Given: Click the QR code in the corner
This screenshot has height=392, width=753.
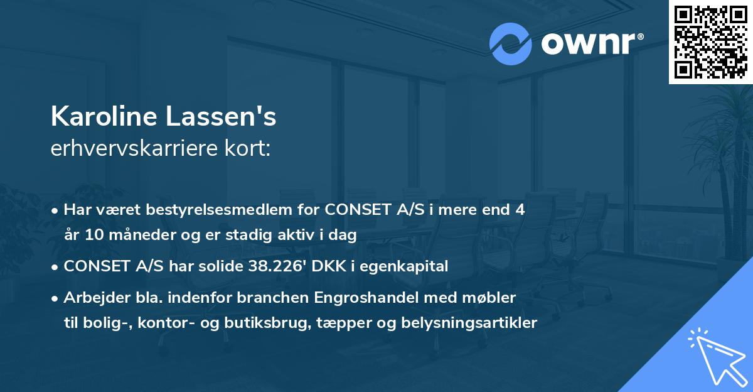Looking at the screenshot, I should pos(711,41).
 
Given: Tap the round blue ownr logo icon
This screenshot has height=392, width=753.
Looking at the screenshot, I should pos(510,43).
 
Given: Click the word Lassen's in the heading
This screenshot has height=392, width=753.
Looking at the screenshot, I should pos(231,117).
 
